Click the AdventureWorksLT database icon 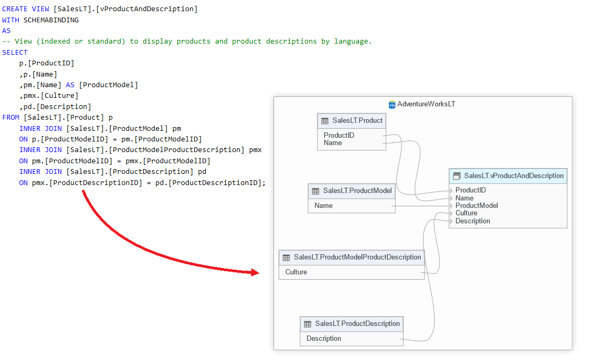pyautogui.click(x=392, y=104)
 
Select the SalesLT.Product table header pyautogui.click(x=352, y=121)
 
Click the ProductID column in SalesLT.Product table pyautogui.click(x=339, y=135)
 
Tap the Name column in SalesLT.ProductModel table pyautogui.click(x=323, y=205)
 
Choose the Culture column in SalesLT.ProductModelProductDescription pyautogui.click(x=296, y=272)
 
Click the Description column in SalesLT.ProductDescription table pyautogui.click(x=324, y=338)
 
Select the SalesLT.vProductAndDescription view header pyautogui.click(x=508, y=175)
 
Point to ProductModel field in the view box pyautogui.click(x=477, y=205)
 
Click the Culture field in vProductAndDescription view pyautogui.click(x=466, y=213)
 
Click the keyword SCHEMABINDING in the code pyautogui.click(x=51, y=20)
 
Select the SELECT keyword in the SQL pyautogui.click(x=15, y=52)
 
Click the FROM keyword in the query pyautogui.click(x=11, y=117)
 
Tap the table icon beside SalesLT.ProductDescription pyautogui.click(x=308, y=324)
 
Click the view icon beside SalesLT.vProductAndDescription pyautogui.click(x=456, y=176)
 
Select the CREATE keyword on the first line pyautogui.click(x=15, y=9)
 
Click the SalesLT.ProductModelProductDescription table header pyautogui.click(x=352, y=257)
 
